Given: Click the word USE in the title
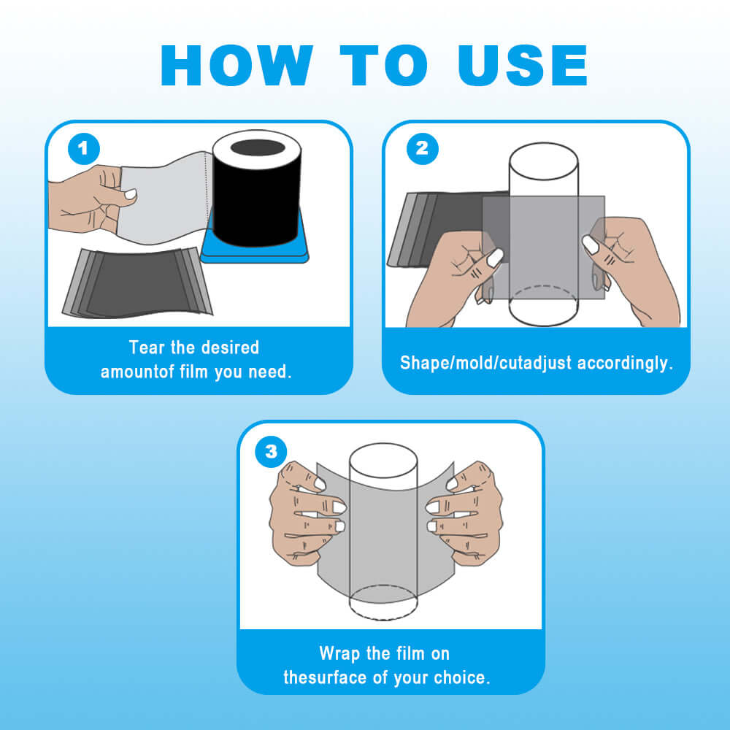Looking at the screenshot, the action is coord(523,65).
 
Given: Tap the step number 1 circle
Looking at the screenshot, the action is coord(84,148).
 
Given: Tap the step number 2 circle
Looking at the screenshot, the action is coord(422,148).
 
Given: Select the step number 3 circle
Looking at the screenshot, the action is coord(272,452).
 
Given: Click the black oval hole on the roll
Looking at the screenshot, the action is coord(258,147).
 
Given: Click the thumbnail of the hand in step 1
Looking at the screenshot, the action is coord(130,193).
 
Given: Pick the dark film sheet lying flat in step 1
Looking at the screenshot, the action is coord(137,283).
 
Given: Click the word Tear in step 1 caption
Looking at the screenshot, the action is coord(147,347).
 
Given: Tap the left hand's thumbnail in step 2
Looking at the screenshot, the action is coord(496,258).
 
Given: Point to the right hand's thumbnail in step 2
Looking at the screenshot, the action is coord(591,245).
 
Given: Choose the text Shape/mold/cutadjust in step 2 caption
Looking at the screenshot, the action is coord(485,363).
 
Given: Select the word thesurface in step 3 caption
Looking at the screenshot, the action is coord(325,677).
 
